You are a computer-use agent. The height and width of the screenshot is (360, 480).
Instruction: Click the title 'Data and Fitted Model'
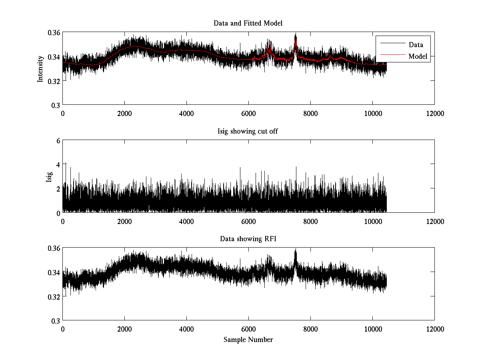tap(248, 23)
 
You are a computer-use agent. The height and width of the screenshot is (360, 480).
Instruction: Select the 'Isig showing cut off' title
tap(248, 131)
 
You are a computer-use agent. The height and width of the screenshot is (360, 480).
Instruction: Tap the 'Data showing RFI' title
tap(248, 239)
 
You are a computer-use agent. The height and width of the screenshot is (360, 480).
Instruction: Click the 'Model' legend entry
tap(418, 56)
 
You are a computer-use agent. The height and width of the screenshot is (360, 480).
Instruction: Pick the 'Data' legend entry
tap(416, 44)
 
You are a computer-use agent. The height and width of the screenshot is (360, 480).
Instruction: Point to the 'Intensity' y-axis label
tap(40, 69)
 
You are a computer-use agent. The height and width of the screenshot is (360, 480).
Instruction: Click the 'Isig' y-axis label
tap(49, 176)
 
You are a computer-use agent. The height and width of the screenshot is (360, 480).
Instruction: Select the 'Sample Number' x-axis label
tap(248, 340)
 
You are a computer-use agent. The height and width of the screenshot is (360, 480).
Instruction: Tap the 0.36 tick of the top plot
tap(54, 32)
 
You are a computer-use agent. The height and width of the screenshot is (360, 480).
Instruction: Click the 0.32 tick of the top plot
tap(54, 81)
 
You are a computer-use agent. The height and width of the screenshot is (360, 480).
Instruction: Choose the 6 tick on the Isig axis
tap(58, 140)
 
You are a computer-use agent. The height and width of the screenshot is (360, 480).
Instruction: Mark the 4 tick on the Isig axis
tap(58, 164)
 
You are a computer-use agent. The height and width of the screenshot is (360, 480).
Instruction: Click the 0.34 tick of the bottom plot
tap(54, 272)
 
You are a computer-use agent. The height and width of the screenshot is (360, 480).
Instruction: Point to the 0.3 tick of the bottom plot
tap(56, 320)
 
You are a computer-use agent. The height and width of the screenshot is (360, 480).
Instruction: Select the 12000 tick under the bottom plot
tap(434, 329)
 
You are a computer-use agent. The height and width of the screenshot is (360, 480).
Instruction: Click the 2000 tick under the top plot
tap(124, 113)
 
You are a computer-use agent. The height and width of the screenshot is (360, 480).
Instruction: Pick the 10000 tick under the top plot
tap(372, 113)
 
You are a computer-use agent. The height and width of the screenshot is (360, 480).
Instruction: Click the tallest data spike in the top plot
tap(296, 34)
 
